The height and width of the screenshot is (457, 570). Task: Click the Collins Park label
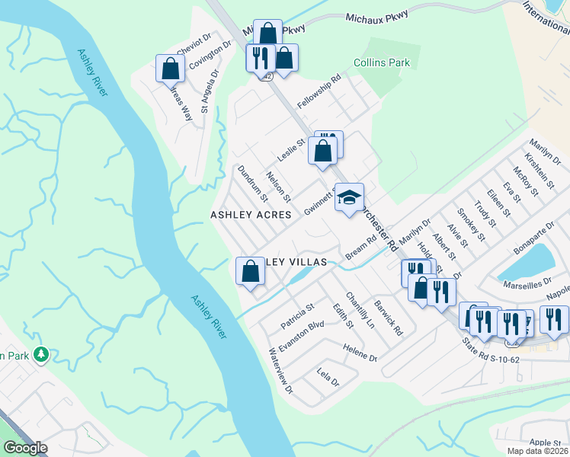[x=382, y=62]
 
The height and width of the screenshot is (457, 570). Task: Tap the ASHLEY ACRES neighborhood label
[x=251, y=215]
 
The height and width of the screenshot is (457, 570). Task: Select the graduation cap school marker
[x=349, y=198]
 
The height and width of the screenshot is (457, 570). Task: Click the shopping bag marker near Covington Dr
[x=169, y=69]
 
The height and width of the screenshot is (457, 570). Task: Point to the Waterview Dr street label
[x=280, y=370]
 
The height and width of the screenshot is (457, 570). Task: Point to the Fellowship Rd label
[x=319, y=91]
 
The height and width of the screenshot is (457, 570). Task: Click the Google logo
[x=25, y=448]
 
